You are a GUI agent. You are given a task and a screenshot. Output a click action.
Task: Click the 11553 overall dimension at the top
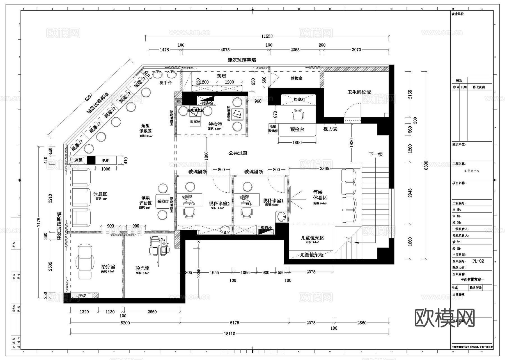pos(267,36)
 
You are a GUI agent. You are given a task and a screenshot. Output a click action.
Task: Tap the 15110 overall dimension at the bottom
pos(229,334)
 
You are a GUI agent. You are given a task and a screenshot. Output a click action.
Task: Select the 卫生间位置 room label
pos(359,92)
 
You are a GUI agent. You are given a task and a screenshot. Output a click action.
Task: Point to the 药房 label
pos(221,76)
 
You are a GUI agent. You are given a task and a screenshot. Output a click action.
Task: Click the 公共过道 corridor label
pos(238,153)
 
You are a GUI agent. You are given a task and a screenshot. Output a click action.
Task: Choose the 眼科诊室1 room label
pos(273,201)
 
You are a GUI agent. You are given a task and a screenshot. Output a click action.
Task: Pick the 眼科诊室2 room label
pos(219,204)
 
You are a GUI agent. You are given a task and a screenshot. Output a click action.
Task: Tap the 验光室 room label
pos(143,268)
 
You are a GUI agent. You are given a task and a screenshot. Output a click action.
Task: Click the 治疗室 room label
pos(108,267)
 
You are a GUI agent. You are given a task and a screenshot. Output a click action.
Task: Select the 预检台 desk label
pos(297,129)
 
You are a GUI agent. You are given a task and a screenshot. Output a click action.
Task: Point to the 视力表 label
pos(330,129)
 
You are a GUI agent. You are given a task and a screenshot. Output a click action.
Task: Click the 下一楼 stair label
pos(376,154)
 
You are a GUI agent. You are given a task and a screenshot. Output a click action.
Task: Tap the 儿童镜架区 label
pos(312,238)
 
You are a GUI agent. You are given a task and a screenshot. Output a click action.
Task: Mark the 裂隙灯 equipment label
pos(163,201)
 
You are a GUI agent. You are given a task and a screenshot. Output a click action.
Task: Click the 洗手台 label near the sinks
pos(165,83)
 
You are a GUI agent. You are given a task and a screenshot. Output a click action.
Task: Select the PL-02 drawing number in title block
pos(478,261)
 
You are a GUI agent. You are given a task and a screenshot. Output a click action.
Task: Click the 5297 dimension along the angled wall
pos(89,97)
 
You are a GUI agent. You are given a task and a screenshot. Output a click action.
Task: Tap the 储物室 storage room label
pos(297,78)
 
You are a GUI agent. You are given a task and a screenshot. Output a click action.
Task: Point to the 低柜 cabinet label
pos(106,160)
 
